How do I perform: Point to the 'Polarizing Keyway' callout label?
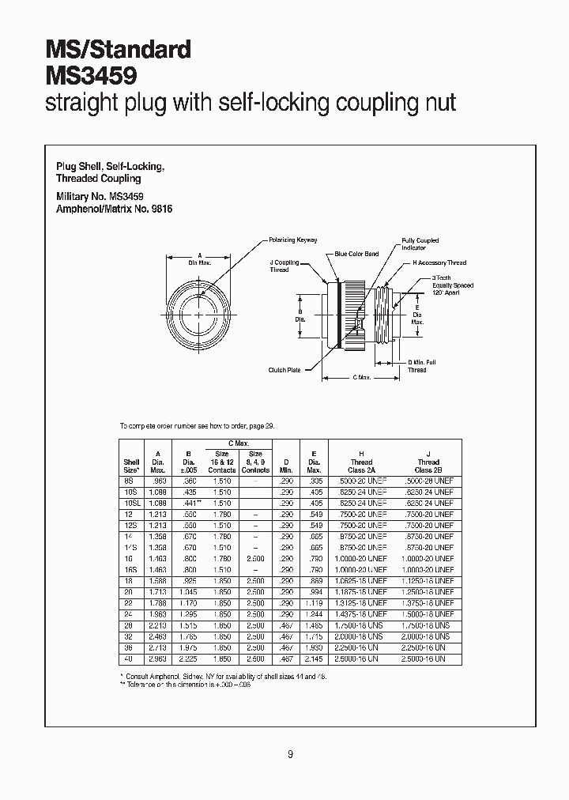[x=294, y=240]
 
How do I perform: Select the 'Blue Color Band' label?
[x=356, y=254]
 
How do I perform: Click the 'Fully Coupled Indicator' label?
[x=420, y=243]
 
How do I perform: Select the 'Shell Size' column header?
[x=132, y=466]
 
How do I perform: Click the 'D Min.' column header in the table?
[x=285, y=466]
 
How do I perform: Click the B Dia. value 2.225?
[x=188, y=658]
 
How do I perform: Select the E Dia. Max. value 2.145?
[x=315, y=658]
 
